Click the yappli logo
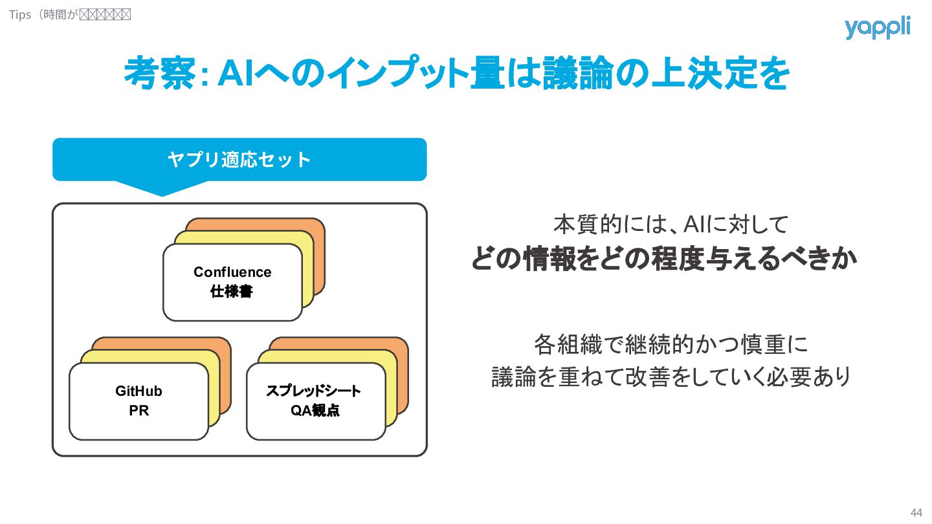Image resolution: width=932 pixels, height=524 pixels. [877, 28]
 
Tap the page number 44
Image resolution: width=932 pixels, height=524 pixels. [916, 512]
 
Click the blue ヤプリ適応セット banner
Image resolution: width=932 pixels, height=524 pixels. [239, 159]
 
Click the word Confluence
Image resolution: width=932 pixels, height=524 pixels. [232, 272]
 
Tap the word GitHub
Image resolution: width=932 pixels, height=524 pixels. [139, 391]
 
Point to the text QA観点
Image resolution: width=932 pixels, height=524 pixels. [315, 411]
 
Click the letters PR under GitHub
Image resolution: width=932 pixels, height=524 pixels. [139, 411]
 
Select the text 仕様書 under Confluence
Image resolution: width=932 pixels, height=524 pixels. [232, 292]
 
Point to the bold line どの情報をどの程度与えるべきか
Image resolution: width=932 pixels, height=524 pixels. [664, 259]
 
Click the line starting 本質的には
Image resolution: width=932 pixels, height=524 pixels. [671, 224]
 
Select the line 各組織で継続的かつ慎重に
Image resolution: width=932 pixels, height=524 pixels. [671, 344]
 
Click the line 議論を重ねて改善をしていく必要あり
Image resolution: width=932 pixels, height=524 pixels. [671, 377]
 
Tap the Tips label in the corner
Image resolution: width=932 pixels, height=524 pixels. [20, 14]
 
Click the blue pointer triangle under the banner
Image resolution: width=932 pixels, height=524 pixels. [162, 188]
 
